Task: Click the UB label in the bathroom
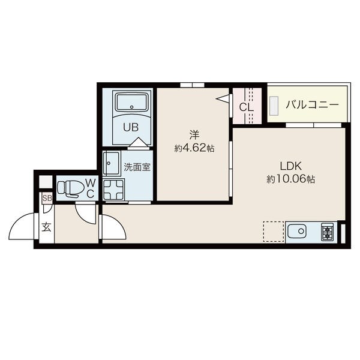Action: tap(131, 127)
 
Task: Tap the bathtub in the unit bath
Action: tap(131, 102)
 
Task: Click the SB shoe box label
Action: tap(47, 198)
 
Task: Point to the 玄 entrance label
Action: tap(46, 227)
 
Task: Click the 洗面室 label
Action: tap(137, 167)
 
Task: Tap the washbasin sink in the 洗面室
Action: tap(112, 163)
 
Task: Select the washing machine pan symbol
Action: tap(113, 190)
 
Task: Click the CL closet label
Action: tap(247, 107)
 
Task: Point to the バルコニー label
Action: tap(312, 105)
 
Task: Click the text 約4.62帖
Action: tap(194, 149)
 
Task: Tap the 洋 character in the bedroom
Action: tap(194, 135)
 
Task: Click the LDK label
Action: tap(290, 166)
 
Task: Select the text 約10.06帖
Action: tap(290, 179)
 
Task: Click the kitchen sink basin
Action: tap(297, 232)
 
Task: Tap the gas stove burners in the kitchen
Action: tap(327, 232)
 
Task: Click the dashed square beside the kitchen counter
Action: tap(273, 232)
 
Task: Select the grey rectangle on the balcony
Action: tap(274, 106)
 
